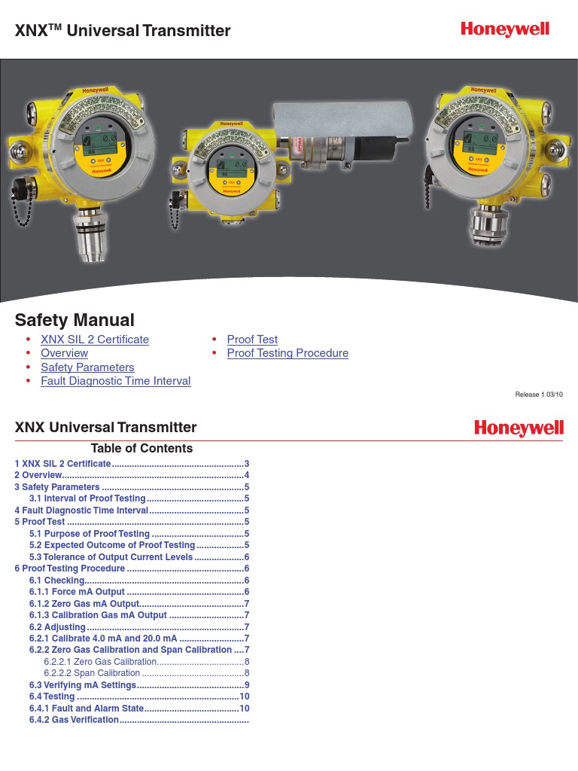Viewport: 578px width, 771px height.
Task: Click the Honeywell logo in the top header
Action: [x=505, y=30]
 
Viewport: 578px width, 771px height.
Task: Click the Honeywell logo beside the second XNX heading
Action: [x=519, y=428]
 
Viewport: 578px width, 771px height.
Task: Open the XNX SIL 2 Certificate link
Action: [x=95, y=340]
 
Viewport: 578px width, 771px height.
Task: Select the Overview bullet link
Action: [x=64, y=353]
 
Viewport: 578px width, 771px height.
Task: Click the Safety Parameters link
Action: [x=87, y=367]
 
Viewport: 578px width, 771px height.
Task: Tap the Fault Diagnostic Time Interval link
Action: [x=115, y=381]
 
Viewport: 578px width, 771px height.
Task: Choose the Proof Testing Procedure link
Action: [x=287, y=353]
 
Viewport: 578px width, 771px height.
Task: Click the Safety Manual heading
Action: [x=75, y=320]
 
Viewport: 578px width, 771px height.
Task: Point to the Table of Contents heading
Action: [x=141, y=449]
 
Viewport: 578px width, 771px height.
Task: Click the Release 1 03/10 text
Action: [x=539, y=395]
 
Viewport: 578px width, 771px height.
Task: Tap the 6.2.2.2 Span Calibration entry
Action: [x=92, y=673]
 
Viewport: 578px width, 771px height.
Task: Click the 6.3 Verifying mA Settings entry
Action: [x=82, y=685]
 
